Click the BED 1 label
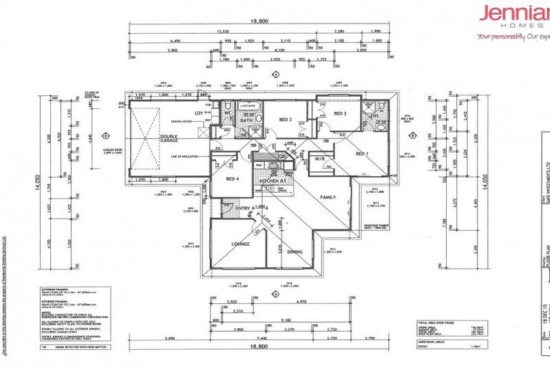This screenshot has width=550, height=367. point(362,153)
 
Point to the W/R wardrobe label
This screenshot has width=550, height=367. point(318,160)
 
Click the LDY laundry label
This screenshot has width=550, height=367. point(198,113)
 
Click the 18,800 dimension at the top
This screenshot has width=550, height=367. point(259,22)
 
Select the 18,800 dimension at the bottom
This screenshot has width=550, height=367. point(259,346)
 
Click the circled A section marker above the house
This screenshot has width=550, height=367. point(275,74)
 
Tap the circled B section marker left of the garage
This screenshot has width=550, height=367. point(105,135)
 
